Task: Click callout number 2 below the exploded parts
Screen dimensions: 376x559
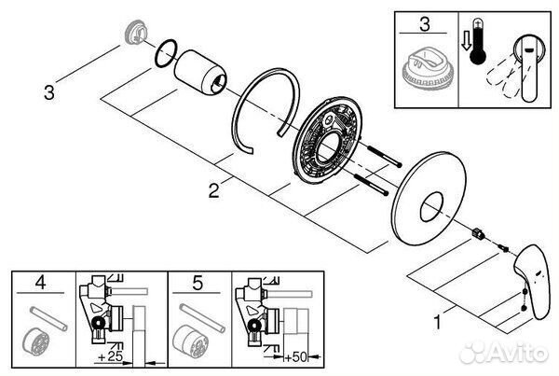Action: [x=213, y=192]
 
